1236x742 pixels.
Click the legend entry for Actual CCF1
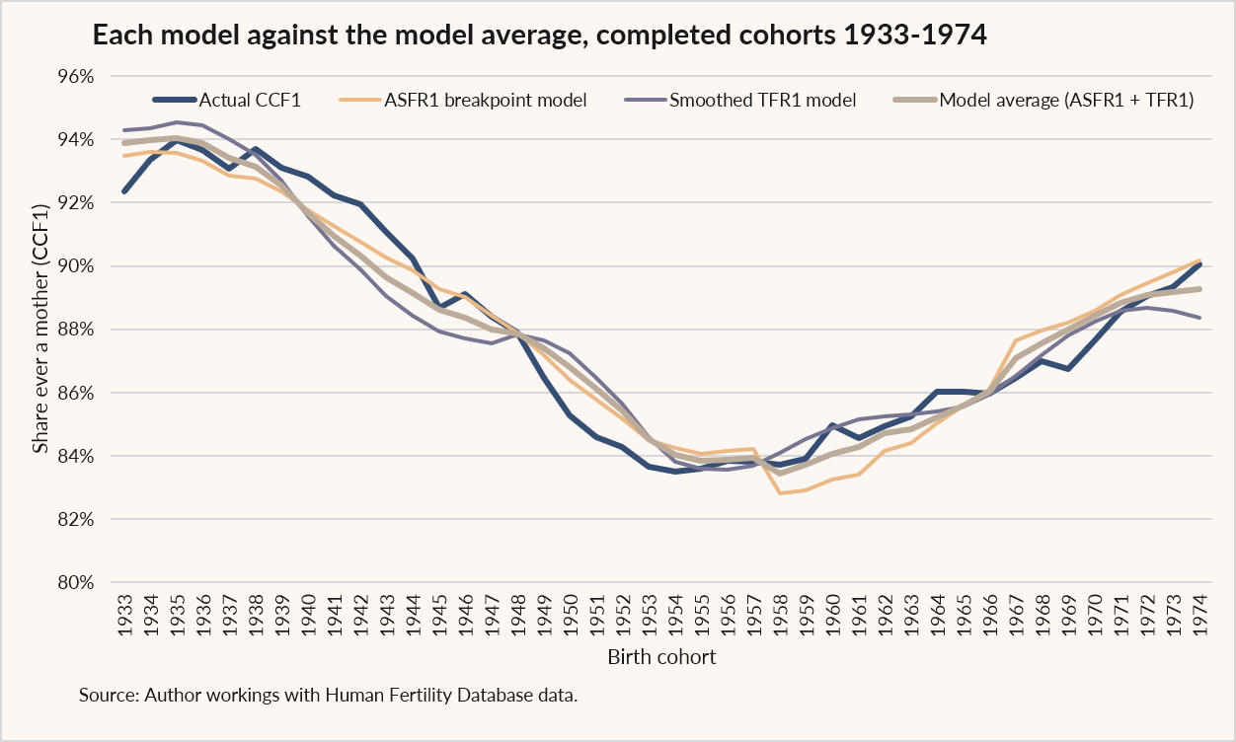click(x=227, y=100)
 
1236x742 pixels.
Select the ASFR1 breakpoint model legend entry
click(x=463, y=100)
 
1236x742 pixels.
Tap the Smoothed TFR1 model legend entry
click(x=740, y=100)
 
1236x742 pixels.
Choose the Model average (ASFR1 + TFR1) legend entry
click(x=1043, y=100)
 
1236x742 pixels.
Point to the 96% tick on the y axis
click(x=76, y=77)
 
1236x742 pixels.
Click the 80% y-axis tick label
click(x=76, y=582)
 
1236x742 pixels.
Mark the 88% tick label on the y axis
click(x=76, y=330)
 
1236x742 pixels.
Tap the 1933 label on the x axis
click(x=125, y=615)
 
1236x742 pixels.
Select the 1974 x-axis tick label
click(x=1199, y=615)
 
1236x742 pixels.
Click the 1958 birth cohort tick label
click(x=780, y=615)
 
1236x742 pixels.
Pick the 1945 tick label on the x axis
click(x=439, y=615)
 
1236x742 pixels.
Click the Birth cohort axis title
click(x=661, y=657)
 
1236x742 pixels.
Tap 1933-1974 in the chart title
click(x=915, y=35)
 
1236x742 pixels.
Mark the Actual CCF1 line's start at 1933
click(x=124, y=191)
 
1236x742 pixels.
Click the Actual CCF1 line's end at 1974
click(x=1199, y=264)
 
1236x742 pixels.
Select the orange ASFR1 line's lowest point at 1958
click(x=780, y=492)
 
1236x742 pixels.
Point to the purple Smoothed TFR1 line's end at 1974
click(x=1199, y=318)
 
